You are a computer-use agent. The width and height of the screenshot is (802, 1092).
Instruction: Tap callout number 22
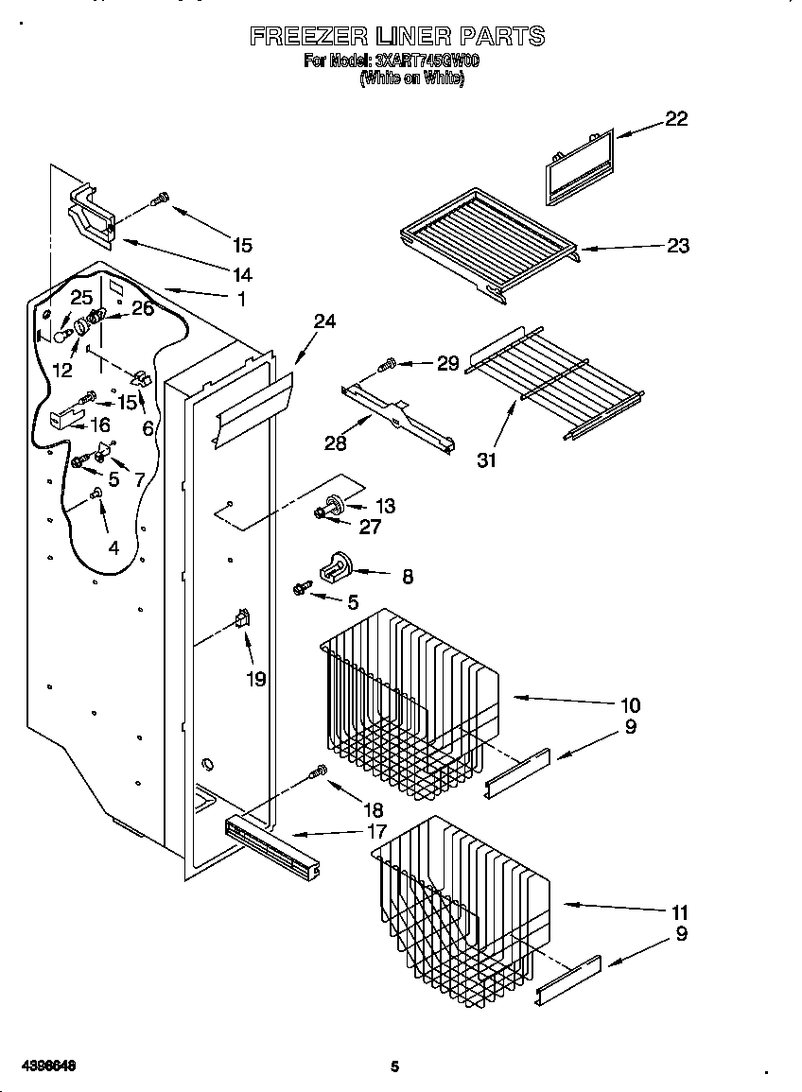click(x=676, y=119)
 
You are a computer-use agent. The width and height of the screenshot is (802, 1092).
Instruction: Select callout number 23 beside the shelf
click(x=678, y=246)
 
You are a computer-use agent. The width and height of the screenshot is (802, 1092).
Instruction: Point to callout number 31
click(x=487, y=460)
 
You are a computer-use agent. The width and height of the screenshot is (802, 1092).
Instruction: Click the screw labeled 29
click(x=388, y=365)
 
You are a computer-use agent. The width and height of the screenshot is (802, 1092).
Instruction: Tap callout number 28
click(x=335, y=442)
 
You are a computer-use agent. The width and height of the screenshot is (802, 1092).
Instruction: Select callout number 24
click(x=324, y=321)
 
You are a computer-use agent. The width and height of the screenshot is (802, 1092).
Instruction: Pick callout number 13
click(x=385, y=506)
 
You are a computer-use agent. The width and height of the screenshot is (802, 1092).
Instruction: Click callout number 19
click(x=256, y=678)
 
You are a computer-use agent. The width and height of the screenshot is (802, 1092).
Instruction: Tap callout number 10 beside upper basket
click(x=629, y=704)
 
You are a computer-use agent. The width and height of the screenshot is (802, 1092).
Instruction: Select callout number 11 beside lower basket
click(x=679, y=912)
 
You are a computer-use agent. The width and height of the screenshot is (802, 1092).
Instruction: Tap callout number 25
click(x=81, y=298)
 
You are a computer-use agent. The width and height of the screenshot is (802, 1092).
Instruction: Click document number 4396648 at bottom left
click(x=44, y=1066)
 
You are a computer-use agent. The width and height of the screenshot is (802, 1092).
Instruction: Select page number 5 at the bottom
click(x=395, y=1067)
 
